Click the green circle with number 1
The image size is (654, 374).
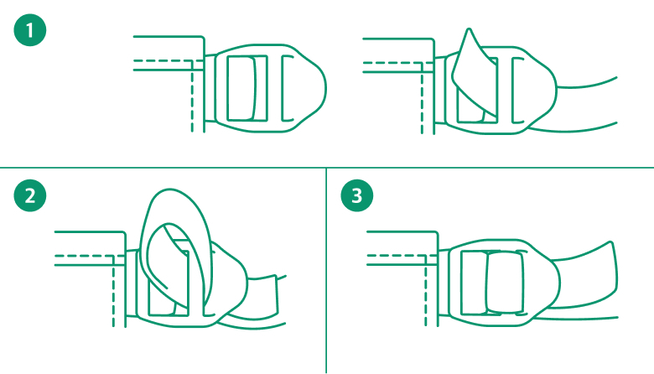30,30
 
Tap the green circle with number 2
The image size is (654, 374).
30,195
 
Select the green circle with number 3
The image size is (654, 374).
357,195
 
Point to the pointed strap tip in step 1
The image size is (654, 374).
470,29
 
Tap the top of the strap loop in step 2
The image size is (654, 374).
171,190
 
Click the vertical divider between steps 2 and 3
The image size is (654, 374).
326,271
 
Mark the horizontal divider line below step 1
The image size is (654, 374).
327,168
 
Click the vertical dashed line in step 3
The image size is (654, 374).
426,291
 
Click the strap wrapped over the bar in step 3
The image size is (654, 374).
505,283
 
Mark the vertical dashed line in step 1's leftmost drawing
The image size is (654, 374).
192,96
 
